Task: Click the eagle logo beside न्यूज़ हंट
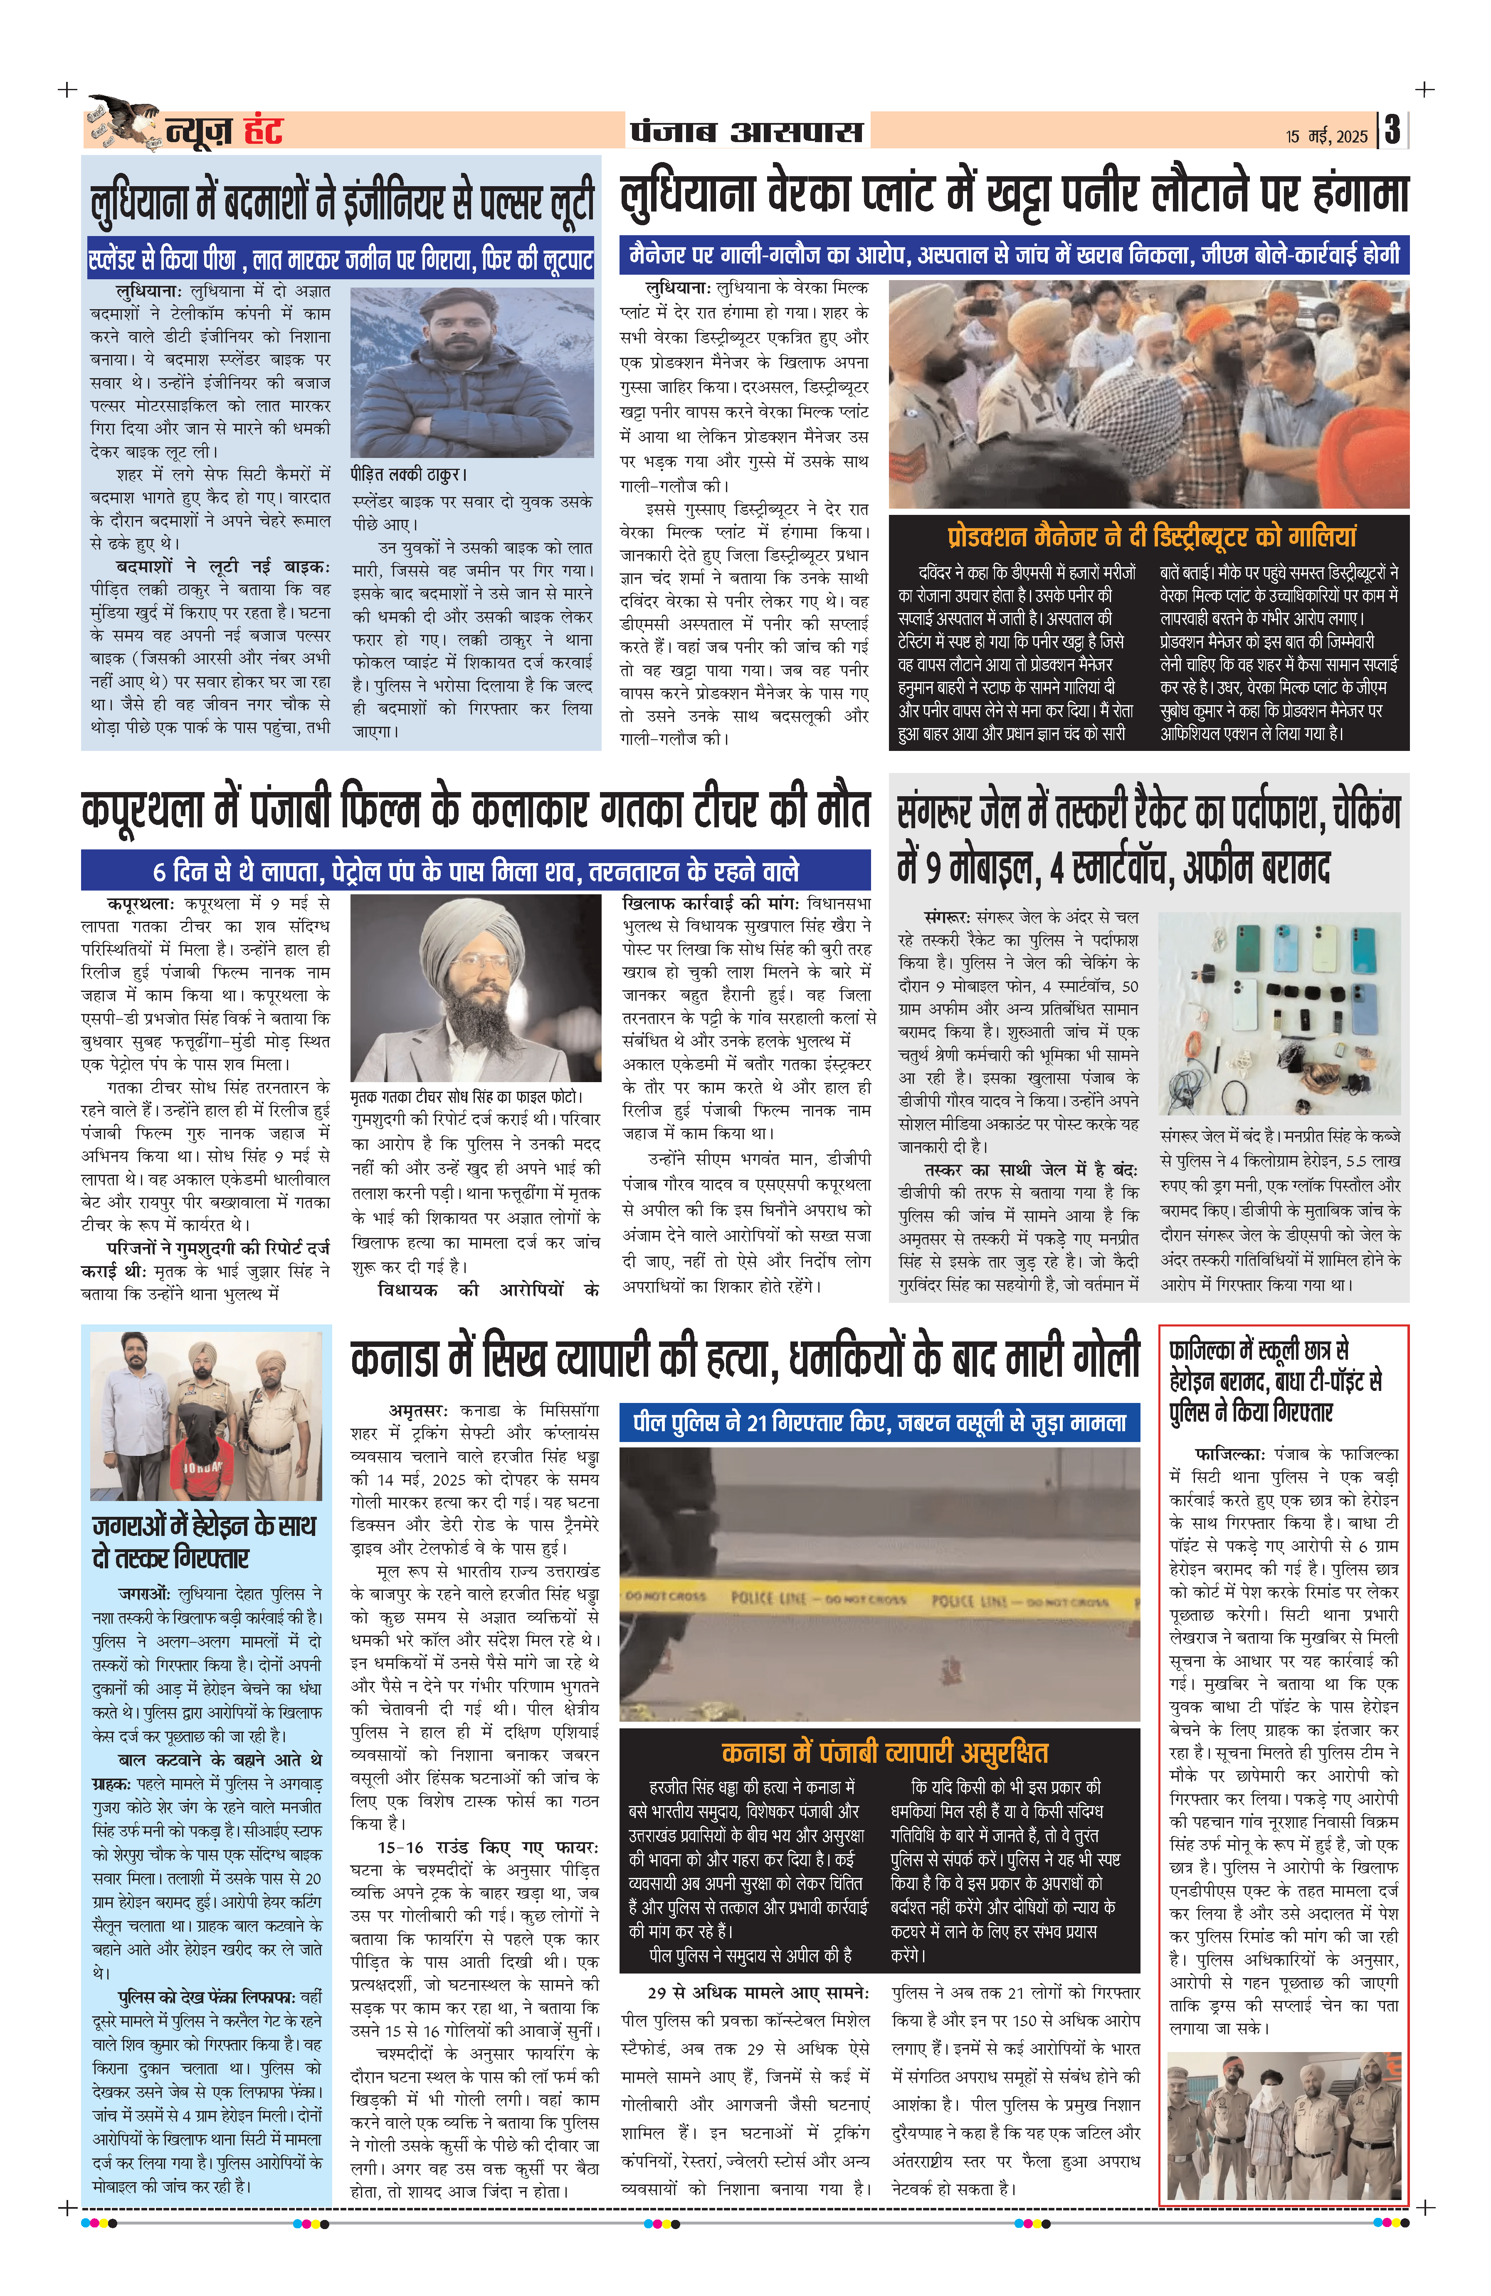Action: (x=123, y=123)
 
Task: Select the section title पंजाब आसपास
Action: (x=746, y=130)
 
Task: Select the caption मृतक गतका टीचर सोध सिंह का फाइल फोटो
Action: (x=466, y=1097)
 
